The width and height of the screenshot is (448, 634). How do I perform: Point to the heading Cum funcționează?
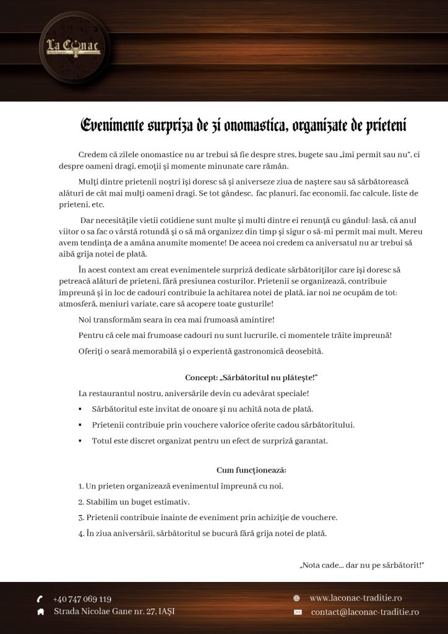click(x=251, y=470)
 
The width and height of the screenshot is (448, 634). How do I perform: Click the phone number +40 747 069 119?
click(x=82, y=599)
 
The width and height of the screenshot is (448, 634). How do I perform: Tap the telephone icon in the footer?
click(x=40, y=599)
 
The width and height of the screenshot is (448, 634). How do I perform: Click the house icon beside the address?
click(x=40, y=612)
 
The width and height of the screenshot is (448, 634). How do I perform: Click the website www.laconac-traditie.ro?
click(x=356, y=598)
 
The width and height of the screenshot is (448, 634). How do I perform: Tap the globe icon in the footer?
click(x=296, y=598)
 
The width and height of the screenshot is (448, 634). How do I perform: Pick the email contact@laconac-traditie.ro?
click(x=364, y=612)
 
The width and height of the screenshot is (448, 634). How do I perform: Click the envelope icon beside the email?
click(x=297, y=612)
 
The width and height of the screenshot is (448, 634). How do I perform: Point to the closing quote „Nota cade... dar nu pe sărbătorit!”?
click(x=361, y=565)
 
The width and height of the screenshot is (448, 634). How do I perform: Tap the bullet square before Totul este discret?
click(x=80, y=441)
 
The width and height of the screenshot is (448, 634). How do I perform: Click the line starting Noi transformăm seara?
click(x=176, y=319)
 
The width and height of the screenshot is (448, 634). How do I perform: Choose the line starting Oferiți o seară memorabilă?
click(x=200, y=352)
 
